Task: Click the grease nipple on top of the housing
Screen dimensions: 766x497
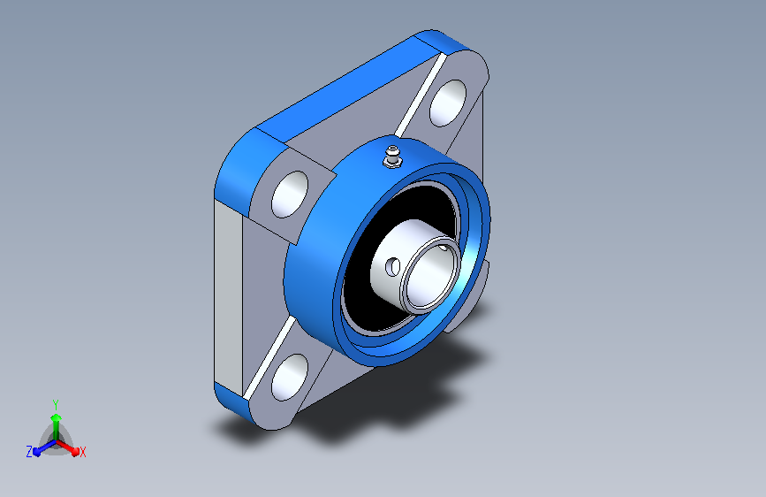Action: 391,156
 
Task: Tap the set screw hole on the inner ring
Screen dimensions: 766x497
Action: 393,267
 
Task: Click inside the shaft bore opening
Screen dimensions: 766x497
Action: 430,275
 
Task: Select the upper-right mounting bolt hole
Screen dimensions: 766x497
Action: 447,103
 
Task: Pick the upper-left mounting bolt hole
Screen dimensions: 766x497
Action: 290,195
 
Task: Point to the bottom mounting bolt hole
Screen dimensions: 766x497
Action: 289,377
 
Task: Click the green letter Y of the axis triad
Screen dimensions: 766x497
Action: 56,405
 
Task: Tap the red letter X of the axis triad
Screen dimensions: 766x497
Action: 82,453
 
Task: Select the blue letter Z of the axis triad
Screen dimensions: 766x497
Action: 29,452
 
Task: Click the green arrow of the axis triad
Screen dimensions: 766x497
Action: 57,427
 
